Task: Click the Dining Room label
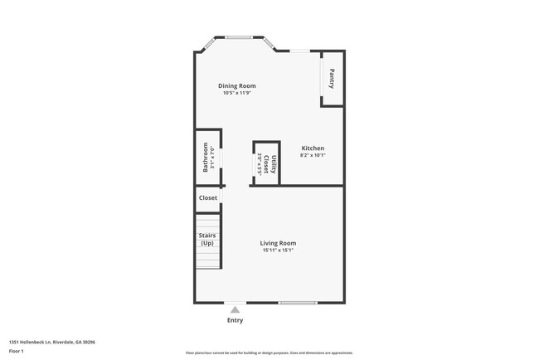pos(236,85)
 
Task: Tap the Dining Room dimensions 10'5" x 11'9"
pos(236,93)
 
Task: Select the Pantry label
pos(332,79)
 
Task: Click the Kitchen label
pos(312,148)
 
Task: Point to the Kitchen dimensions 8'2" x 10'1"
pos(312,155)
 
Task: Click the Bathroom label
pos(206,158)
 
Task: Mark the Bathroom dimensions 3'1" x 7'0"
pos(213,158)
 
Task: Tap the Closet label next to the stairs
pos(207,198)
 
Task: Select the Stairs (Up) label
pos(206,239)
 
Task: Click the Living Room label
pos(278,243)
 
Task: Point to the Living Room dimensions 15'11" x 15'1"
pos(278,251)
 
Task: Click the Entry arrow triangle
pos(235,309)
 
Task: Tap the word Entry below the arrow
pos(235,320)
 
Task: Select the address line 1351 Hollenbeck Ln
pos(51,341)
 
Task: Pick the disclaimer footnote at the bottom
pos(269,353)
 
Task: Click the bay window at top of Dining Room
pos(240,36)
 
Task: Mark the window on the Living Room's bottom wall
pos(297,303)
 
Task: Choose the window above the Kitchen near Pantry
pos(300,51)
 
